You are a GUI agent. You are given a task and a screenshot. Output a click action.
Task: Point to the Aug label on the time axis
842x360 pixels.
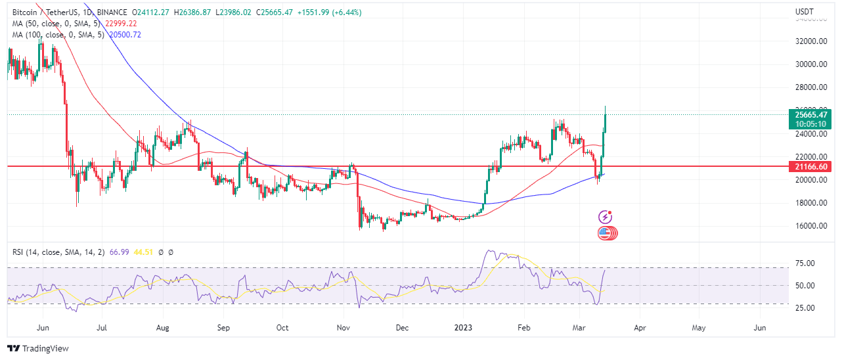(162, 327)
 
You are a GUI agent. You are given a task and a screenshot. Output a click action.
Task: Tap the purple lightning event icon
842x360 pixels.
(606, 217)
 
